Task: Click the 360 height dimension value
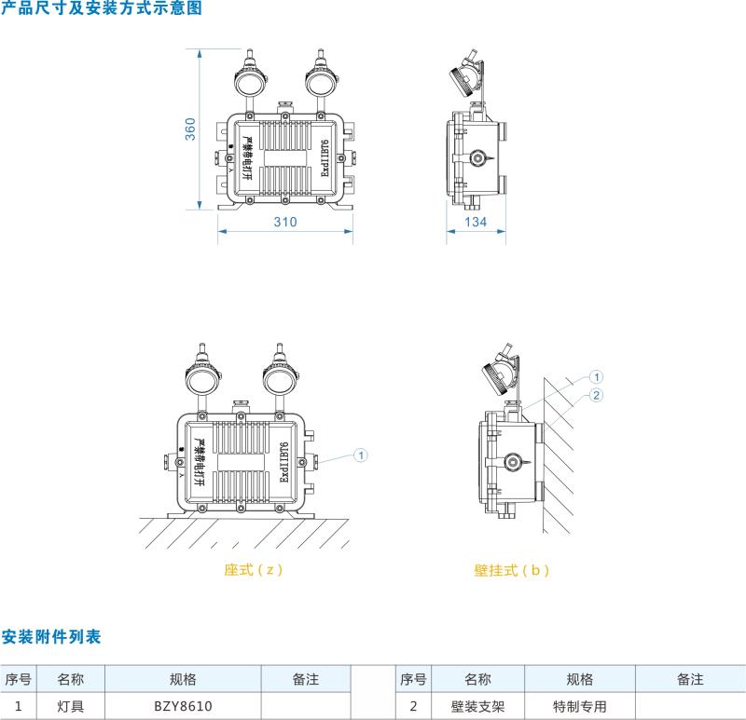pyautogui.click(x=190, y=129)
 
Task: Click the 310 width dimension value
pyautogui.click(x=285, y=222)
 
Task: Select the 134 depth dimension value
pyautogui.click(x=476, y=222)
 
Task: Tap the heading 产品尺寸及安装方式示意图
pyautogui.click(x=101, y=8)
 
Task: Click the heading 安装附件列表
pyautogui.click(x=51, y=637)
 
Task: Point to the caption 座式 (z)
pyautogui.click(x=253, y=569)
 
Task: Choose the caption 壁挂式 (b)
pyautogui.click(x=511, y=570)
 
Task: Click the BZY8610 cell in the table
pyautogui.click(x=182, y=706)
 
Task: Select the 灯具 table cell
pyautogui.click(x=70, y=706)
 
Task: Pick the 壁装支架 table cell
pyautogui.click(x=471, y=706)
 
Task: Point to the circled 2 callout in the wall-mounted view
pyautogui.click(x=598, y=395)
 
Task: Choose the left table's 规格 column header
pyautogui.click(x=182, y=680)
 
